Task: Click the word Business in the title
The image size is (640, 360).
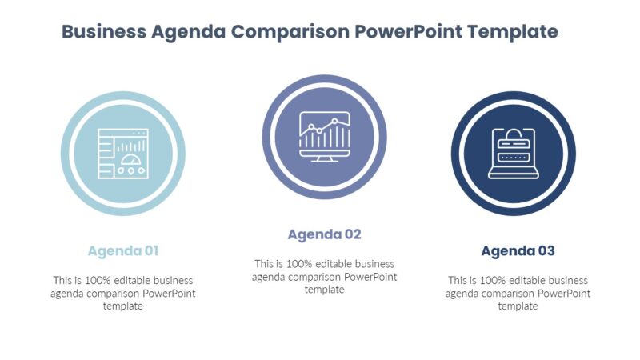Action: pyautogui.click(x=104, y=32)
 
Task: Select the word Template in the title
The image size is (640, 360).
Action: pyautogui.click(x=512, y=32)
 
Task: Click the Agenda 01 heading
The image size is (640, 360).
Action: pyautogui.click(x=122, y=251)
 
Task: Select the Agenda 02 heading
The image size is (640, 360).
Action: pyautogui.click(x=324, y=234)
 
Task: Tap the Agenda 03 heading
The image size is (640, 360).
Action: pyautogui.click(x=518, y=251)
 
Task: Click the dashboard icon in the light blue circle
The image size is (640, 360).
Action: pyautogui.click(x=122, y=154)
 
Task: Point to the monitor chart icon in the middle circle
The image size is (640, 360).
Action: pyautogui.click(x=324, y=134)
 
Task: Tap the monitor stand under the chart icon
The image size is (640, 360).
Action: pyautogui.click(x=324, y=157)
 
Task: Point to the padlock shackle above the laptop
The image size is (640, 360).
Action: pyautogui.click(x=513, y=132)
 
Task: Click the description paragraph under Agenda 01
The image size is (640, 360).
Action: pyautogui.click(x=122, y=293)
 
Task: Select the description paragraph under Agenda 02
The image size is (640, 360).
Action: pyautogui.click(x=324, y=276)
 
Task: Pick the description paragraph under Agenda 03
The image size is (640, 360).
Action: pyautogui.click(x=518, y=293)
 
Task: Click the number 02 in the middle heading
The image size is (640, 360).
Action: pyautogui.click(x=352, y=234)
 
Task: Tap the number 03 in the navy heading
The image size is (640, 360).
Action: pyautogui.click(x=546, y=251)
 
